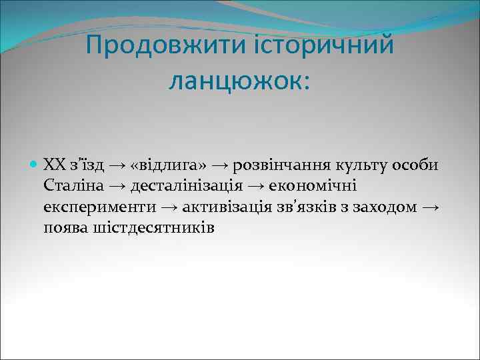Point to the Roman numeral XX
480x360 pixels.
[x=52, y=164]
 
